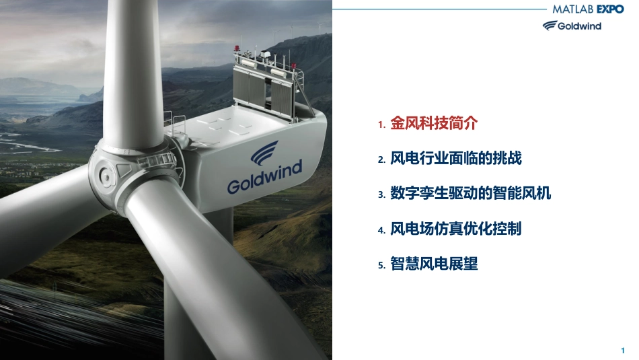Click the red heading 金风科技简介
(x=434, y=122)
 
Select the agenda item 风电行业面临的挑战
(x=455, y=158)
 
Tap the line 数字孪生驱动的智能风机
(x=470, y=193)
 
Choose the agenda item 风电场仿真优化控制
(x=455, y=229)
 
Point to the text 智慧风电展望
(x=434, y=264)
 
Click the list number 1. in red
(x=381, y=124)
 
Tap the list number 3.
(x=381, y=195)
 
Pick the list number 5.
(x=381, y=265)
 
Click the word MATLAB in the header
(x=572, y=9)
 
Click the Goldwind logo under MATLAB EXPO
(x=572, y=26)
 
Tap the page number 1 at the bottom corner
(x=622, y=350)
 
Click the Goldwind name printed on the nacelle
(x=265, y=176)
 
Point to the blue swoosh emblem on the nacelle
(x=264, y=153)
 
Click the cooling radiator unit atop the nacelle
(x=268, y=86)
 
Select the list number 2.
(x=381, y=160)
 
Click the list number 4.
(x=381, y=230)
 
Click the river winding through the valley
(x=28, y=143)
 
